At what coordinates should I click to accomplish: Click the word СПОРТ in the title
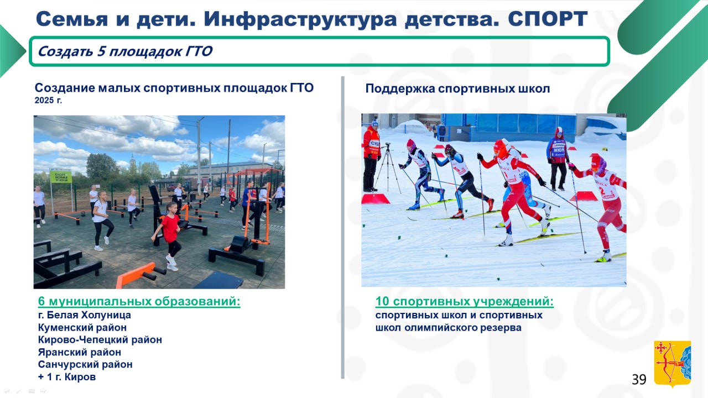click(x=548, y=19)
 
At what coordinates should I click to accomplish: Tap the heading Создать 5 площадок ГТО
click(x=125, y=51)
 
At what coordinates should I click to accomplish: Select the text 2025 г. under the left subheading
click(x=48, y=101)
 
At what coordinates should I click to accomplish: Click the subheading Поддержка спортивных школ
click(x=457, y=89)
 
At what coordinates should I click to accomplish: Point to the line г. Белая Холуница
click(x=85, y=315)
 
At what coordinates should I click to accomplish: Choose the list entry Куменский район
click(x=82, y=328)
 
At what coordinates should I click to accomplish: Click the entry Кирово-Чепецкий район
click(x=100, y=339)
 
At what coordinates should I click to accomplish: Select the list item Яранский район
click(x=79, y=352)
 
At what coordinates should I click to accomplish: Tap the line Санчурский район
click(x=85, y=364)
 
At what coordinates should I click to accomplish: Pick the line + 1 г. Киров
click(x=67, y=377)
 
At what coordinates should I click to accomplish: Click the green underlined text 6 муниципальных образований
click(x=139, y=301)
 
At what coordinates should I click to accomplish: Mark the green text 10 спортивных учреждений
click(x=464, y=301)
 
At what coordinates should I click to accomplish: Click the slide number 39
click(x=639, y=379)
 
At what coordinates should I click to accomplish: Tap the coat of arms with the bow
click(x=672, y=363)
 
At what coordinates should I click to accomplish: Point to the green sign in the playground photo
click(x=60, y=177)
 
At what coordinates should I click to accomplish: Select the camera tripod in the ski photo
click(x=387, y=167)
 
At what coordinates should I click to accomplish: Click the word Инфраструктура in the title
click(x=300, y=19)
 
